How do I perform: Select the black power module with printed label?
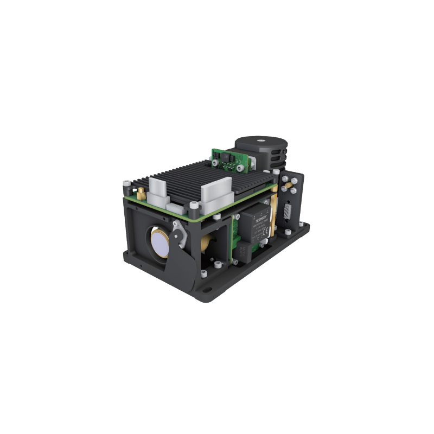[256, 225]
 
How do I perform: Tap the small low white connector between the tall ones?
[174, 206]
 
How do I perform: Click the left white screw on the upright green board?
[216, 161]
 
